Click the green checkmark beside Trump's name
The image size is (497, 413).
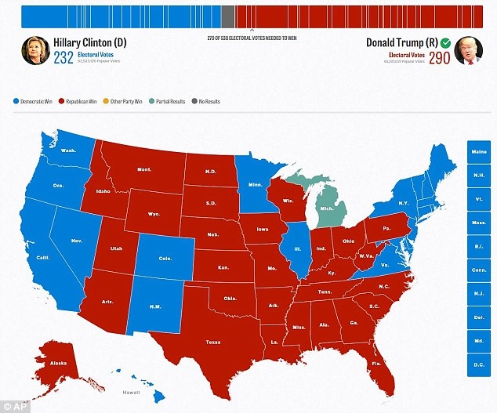(444, 42)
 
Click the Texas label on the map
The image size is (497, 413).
(212, 342)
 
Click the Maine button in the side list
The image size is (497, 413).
(479, 152)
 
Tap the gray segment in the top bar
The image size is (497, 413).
(228, 16)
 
